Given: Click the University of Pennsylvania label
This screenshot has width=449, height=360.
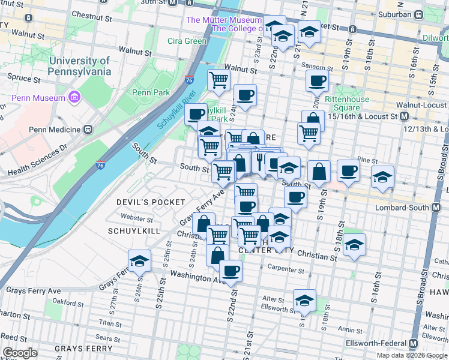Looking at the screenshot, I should (x=80, y=66).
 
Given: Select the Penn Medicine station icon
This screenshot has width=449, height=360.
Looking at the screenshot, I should (x=88, y=130).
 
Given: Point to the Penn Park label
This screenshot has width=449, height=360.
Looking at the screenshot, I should (x=151, y=92).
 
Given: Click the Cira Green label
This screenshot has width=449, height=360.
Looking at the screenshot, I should (x=187, y=41).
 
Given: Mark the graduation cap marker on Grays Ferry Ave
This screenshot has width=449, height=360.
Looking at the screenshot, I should (x=139, y=262).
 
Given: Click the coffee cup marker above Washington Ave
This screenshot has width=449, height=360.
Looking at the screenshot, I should (x=230, y=271).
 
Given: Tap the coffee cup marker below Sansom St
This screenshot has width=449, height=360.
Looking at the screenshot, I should (x=316, y=81).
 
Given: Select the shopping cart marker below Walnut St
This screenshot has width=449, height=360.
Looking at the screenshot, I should (x=218, y=79).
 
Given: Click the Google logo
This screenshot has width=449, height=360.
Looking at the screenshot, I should (x=20, y=353).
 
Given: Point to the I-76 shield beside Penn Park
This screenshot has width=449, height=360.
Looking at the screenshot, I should (x=189, y=80).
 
